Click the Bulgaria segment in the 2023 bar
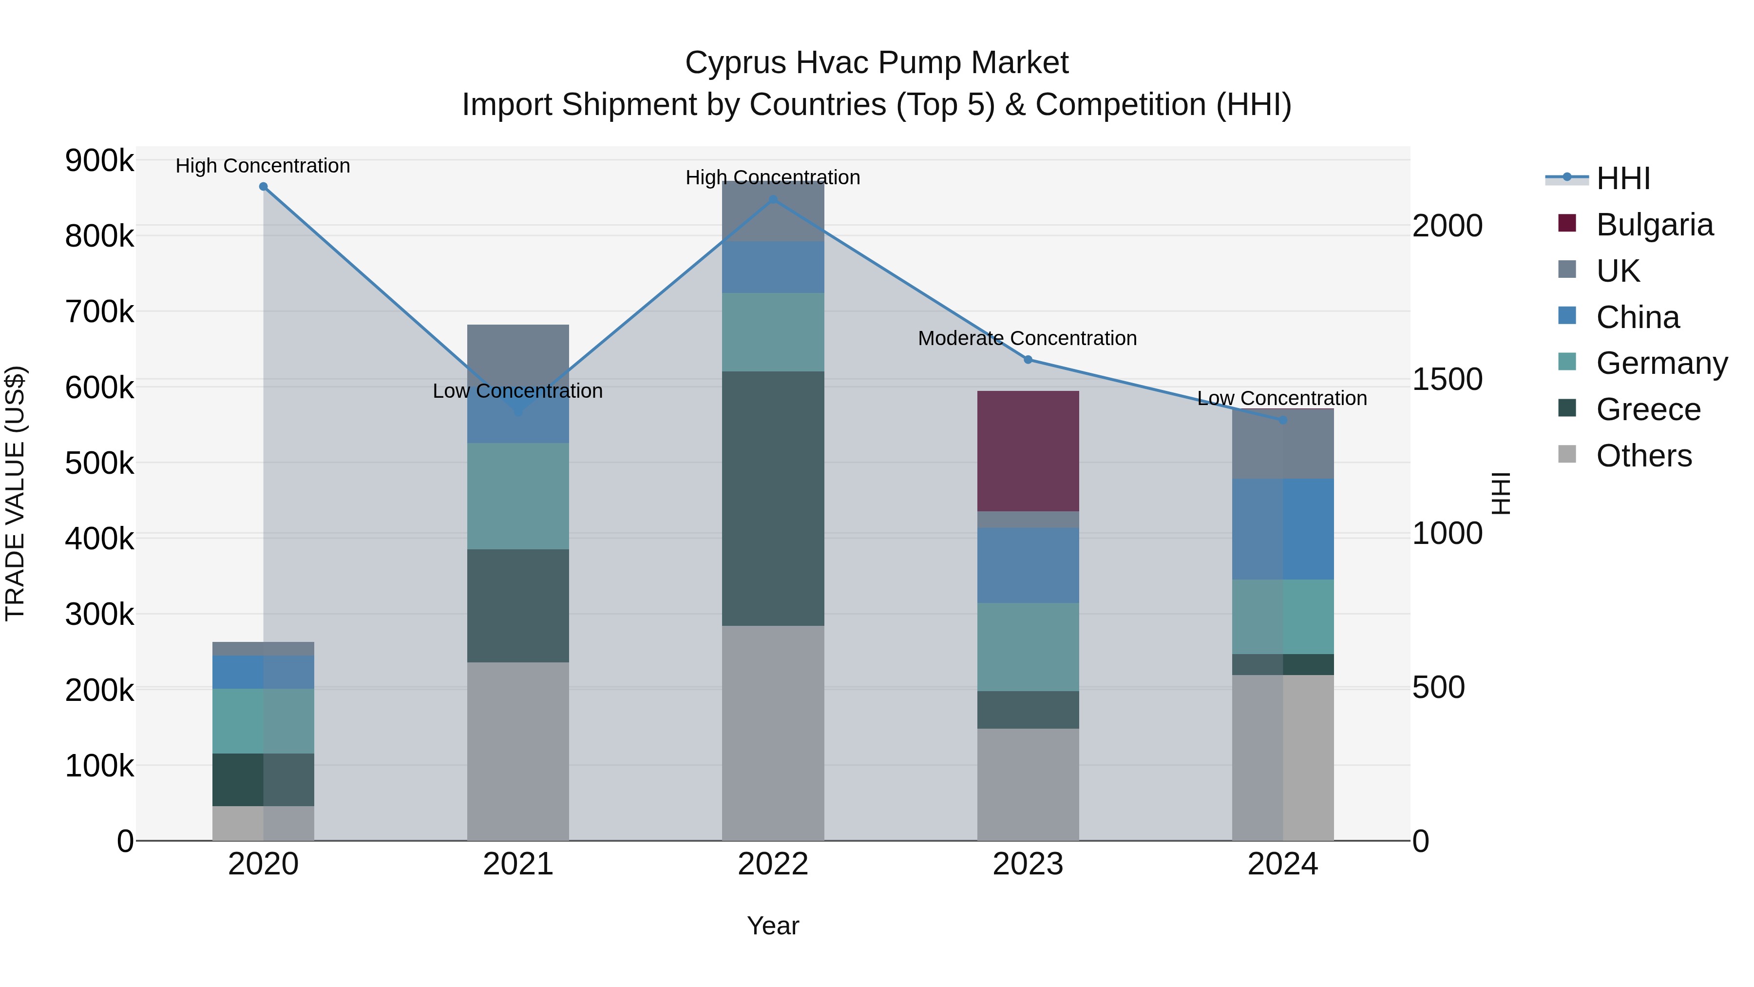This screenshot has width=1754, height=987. click(1028, 451)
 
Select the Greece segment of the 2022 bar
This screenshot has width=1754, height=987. click(773, 498)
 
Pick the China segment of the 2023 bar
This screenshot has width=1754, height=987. click(1028, 565)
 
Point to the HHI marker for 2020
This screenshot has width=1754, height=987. click(264, 187)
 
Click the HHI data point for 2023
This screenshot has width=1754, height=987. click(1028, 360)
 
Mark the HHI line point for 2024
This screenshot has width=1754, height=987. click(1283, 420)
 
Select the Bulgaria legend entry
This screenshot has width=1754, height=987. click(1654, 225)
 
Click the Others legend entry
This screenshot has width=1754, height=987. click(1644, 456)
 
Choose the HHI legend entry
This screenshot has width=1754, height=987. click(1623, 178)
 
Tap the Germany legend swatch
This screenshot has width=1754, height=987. click(1567, 362)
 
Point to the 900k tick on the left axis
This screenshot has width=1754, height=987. click(99, 161)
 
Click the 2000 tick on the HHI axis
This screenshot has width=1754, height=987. click(1448, 226)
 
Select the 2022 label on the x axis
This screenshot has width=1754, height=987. click(773, 864)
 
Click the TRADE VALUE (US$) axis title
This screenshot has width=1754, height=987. click(16, 493)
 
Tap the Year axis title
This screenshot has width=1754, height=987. click(773, 926)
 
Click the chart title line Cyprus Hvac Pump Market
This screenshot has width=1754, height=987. click(877, 63)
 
